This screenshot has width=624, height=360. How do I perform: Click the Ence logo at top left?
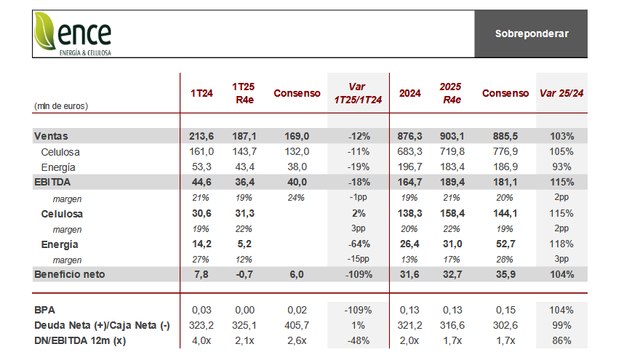(73, 33)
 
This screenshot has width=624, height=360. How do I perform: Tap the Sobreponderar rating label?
(532, 33)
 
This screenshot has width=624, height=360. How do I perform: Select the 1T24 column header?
(201, 94)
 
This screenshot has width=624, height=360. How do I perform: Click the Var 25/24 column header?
(561, 94)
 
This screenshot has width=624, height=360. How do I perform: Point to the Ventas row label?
(51, 136)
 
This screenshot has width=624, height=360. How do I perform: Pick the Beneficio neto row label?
(70, 274)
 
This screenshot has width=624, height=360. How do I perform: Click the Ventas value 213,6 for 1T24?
(201, 136)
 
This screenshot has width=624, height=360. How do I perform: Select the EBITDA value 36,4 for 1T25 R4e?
(244, 183)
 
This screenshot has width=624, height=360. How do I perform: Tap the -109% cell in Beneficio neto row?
(359, 274)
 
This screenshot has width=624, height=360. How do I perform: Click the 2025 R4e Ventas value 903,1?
(452, 136)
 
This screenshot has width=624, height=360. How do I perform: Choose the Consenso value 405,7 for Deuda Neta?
(297, 325)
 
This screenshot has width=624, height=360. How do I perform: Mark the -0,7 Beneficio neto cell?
(244, 274)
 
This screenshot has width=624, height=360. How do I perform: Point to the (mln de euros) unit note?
(61, 106)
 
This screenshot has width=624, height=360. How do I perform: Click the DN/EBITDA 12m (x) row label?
(80, 341)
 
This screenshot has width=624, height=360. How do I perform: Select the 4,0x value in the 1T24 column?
(201, 341)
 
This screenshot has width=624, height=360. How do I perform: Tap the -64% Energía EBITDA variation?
(359, 244)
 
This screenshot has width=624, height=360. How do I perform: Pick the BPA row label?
(44, 310)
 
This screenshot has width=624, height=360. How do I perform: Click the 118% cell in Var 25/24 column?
(561, 244)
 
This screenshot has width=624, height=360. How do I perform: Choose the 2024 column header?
(410, 94)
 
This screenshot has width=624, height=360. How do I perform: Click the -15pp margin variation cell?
(358, 259)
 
